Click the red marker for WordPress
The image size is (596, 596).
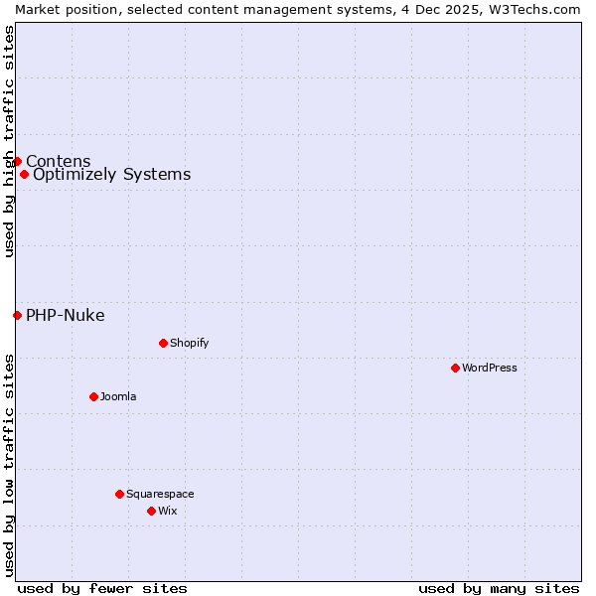pos(455,368)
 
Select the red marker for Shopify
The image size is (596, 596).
pos(163,343)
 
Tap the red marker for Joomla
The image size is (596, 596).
pos(93,396)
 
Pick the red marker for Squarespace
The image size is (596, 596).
pos(119,494)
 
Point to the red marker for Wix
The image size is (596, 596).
pos(151,511)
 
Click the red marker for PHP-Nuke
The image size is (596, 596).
pos(17,315)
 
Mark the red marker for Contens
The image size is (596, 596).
pos(17,161)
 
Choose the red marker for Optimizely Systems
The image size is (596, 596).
pos(24,174)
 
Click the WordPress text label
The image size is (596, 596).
pos(490,368)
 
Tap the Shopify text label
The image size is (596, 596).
pos(189,343)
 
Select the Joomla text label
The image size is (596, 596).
pos(118,396)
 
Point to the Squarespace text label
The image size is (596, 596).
pos(160,494)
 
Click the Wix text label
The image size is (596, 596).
pos(167,511)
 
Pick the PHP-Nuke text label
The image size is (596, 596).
pos(65,316)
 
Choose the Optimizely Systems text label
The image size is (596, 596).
pos(111,175)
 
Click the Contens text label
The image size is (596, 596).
pos(58,161)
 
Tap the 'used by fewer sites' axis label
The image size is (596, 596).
pos(102,588)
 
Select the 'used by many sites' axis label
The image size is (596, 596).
pos(499,588)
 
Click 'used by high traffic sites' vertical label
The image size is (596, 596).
pos(9,141)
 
